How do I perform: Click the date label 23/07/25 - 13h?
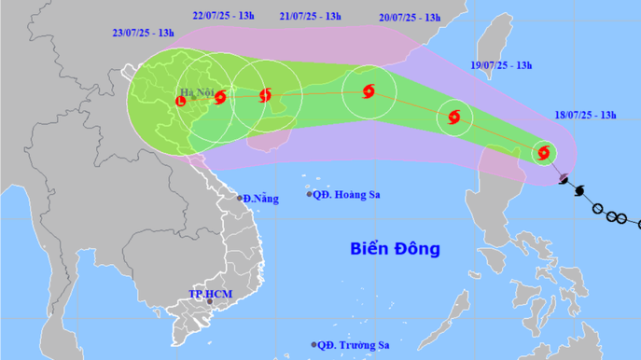[144, 33]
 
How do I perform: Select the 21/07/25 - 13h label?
[311, 17]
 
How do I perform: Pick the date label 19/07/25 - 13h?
[501, 65]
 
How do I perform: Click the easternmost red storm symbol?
[544, 152]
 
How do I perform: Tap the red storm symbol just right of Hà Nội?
[219, 96]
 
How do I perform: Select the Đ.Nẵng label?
[263, 199]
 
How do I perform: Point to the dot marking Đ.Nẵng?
[240, 198]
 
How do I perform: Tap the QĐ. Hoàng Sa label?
[350, 194]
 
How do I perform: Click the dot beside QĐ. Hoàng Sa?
[311, 194]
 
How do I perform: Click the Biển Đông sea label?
[395, 249]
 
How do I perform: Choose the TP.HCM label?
[209, 293]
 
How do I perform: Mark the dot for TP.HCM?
[210, 302]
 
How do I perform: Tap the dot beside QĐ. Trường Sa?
[314, 344]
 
